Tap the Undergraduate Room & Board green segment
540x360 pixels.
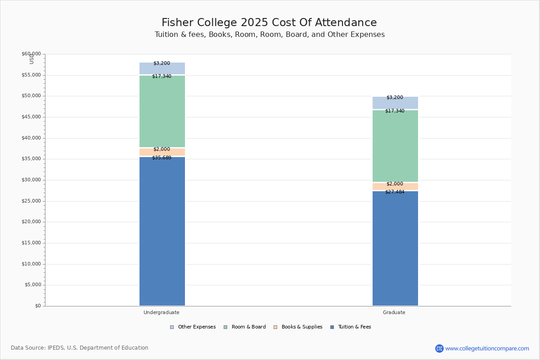[x=162, y=111]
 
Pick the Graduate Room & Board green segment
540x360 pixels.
[x=395, y=146]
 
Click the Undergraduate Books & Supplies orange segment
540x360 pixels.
[x=162, y=153]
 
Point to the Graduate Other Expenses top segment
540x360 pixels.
[x=395, y=103]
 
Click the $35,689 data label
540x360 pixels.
[x=162, y=158]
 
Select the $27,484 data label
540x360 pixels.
[x=395, y=192]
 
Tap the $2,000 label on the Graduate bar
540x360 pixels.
[x=395, y=184]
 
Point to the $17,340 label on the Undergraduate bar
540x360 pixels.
[x=162, y=76]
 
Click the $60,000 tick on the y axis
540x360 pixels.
[x=31, y=54]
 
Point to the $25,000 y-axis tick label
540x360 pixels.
[x=31, y=201]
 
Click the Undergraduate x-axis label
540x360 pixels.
[x=162, y=312]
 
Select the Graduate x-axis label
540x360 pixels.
[x=394, y=312]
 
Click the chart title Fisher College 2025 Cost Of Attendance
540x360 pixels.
[x=269, y=23]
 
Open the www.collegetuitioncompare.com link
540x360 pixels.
[x=487, y=348]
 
